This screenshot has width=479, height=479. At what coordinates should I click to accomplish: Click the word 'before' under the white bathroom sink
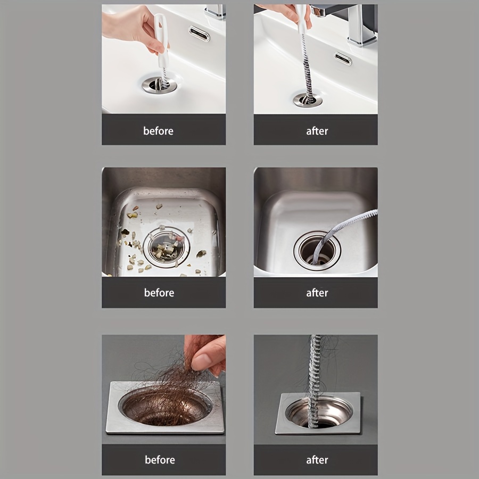[x=158, y=131]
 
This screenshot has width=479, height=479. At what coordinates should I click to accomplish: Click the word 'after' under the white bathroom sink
[x=317, y=131]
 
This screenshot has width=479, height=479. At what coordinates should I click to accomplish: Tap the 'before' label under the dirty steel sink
[x=159, y=293]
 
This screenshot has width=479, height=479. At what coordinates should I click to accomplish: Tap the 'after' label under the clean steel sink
[x=317, y=293]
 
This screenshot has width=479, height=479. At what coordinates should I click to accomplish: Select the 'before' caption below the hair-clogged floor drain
[x=160, y=460]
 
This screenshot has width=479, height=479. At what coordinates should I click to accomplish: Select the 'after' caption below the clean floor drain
[x=317, y=460]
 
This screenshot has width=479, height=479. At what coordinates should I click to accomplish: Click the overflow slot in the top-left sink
[x=199, y=34]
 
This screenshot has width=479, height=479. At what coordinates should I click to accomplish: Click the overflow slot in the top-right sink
[x=343, y=59]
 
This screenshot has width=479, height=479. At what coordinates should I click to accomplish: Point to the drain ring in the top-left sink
[x=159, y=85]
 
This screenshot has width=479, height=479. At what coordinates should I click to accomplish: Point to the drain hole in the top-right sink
[x=308, y=99]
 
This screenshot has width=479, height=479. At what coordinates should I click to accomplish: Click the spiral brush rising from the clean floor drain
[x=315, y=373]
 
